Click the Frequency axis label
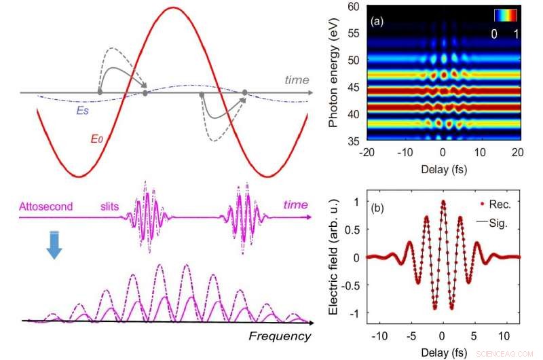pyautogui.click(x=279, y=336)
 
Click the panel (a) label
pyautogui.click(x=377, y=21)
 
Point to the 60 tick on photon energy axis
pyautogui.click(x=352, y=7)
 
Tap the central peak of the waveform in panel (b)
pyautogui.click(x=442, y=202)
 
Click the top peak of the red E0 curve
pyautogui.click(x=174, y=7)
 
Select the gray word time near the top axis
pyautogui.click(x=297, y=80)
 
